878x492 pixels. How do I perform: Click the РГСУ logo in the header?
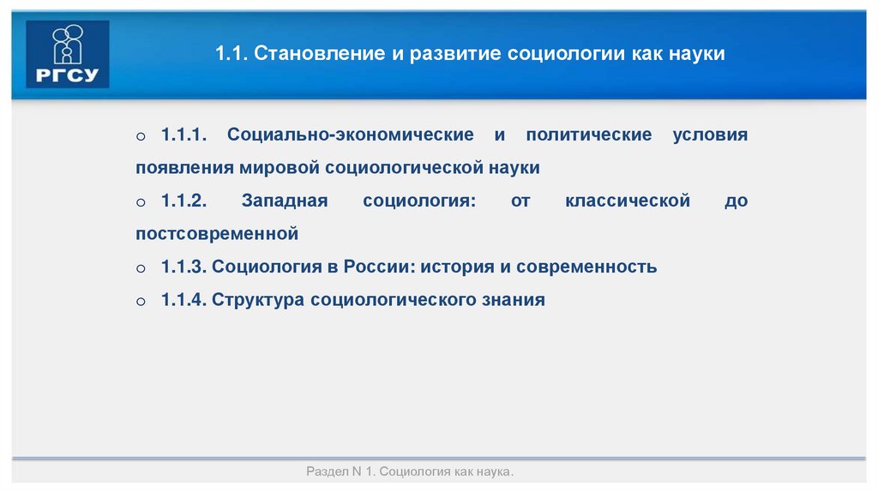[x=68, y=54]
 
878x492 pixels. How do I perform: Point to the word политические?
[x=589, y=135]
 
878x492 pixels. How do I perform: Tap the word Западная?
[x=285, y=201]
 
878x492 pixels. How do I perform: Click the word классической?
[x=628, y=201]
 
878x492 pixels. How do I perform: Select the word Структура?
[x=258, y=300]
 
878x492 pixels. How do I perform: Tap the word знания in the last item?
[x=512, y=300]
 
